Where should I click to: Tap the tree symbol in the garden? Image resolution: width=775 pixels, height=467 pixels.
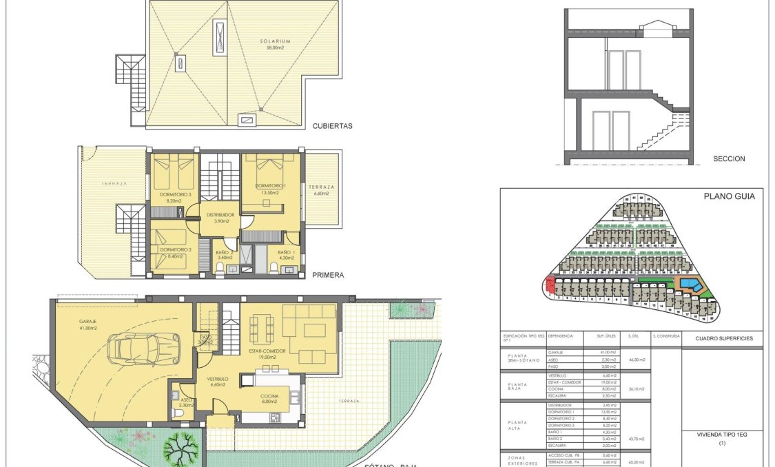click(181, 448)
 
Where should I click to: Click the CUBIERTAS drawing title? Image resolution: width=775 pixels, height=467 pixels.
click(332, 126)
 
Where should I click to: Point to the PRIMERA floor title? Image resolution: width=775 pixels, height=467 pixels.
click(327, 275)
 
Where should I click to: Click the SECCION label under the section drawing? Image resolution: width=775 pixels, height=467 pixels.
click(729, 159)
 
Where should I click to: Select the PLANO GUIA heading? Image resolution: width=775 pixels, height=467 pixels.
click(729, 196)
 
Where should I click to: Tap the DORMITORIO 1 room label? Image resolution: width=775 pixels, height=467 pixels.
click(270, 187)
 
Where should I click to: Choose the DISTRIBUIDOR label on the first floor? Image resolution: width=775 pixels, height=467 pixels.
click(220, 215)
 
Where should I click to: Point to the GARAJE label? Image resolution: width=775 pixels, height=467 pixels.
click(87, 321)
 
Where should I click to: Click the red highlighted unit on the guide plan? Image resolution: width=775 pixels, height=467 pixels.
click(549, 284)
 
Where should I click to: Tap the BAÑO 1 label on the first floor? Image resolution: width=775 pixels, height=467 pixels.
click(285, 252)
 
